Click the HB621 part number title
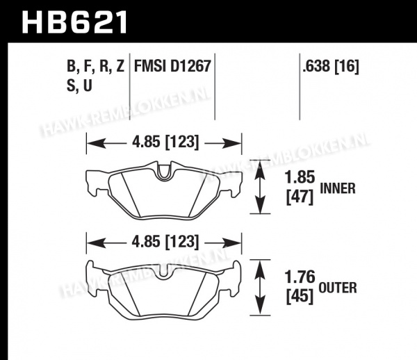(74, 22)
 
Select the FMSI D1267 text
(172, 65)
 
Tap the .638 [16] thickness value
(331, 66)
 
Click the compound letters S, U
(79, 86)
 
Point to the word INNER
(338, 188)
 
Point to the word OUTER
(338, 288)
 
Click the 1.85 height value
(300, 177)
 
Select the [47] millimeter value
(300, 197)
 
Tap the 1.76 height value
(300, 277)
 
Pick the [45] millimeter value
(300, 297)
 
